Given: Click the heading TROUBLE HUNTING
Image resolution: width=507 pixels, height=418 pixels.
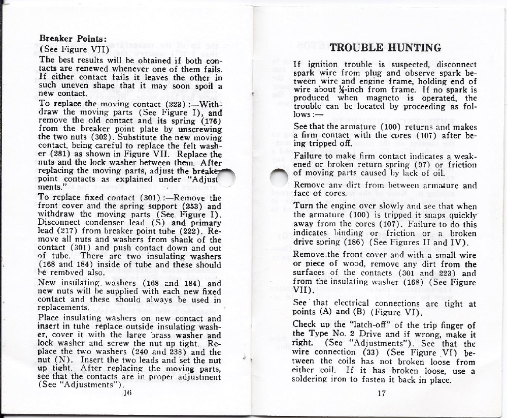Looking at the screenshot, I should coord(385,48).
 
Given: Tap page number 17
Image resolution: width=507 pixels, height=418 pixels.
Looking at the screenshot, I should coord(383,393).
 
